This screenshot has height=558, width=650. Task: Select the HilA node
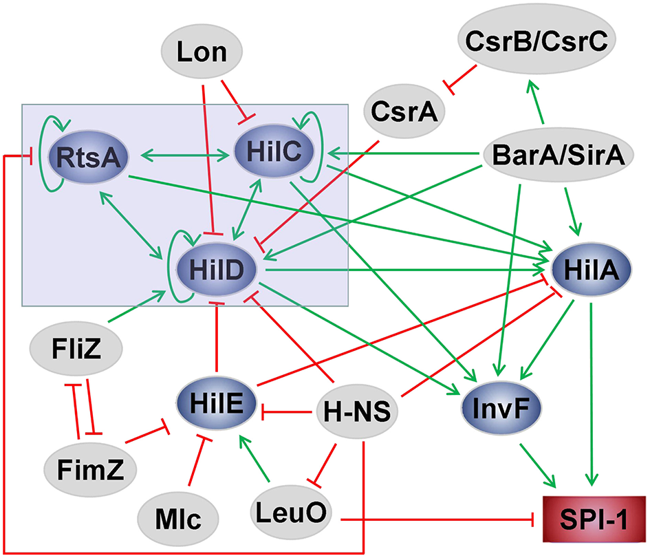tap(594, 270)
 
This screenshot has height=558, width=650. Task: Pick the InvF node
tap(501, 409)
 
